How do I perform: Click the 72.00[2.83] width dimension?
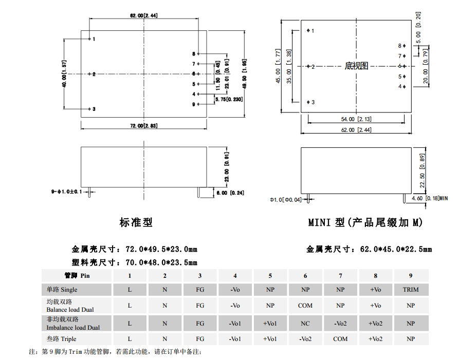point(143,126)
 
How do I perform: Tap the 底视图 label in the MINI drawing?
point(356,66)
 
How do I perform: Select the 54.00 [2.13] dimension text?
point(356,119)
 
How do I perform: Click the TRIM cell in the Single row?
point(410,290)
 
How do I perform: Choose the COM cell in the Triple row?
point(340,339)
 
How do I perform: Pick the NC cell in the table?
point(305,324)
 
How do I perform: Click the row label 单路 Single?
point(62,290)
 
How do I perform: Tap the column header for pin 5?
point(270,276)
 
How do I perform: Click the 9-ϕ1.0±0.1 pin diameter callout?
point(66,192)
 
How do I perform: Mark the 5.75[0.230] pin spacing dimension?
point(229,100)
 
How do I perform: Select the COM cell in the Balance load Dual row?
point(305,306)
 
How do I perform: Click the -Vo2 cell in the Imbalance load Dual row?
point(340,324)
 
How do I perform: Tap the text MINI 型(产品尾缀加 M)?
point(365,222)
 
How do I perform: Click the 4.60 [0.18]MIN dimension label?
point(430,198)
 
